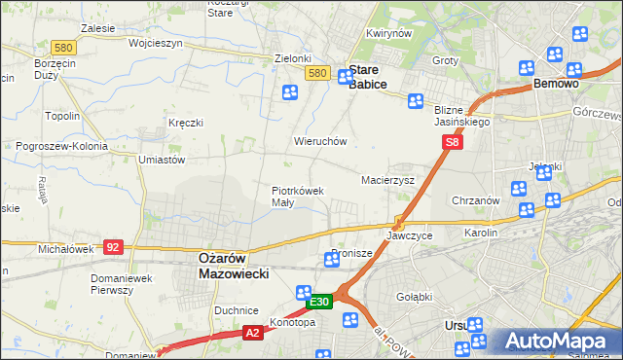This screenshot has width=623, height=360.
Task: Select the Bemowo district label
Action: (557, 85)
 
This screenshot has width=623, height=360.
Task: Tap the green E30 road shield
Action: (319, 303)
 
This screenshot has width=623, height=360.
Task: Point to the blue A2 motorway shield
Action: (252, 333)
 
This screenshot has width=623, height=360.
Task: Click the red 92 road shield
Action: (112, 247)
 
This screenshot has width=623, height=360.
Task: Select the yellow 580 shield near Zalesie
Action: (64, 47)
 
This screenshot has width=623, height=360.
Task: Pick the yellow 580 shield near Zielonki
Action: (317, 73)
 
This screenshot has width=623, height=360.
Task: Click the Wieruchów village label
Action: (320, 141)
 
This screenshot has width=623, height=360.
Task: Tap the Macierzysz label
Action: (387, 181)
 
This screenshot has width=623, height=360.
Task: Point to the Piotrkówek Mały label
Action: (297, 197)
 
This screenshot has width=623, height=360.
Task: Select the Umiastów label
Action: (162, 159)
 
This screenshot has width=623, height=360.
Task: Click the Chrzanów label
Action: (476, 200)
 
